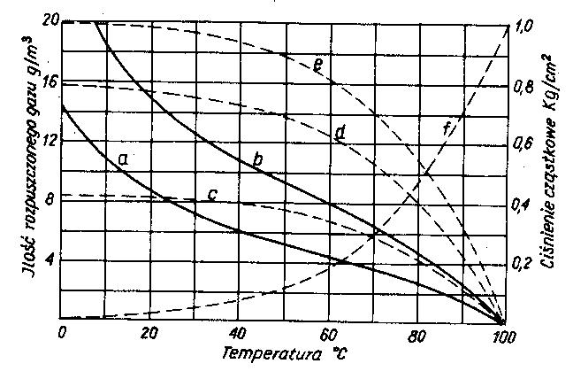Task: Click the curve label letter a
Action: [123, 159]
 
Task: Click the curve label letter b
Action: [257, 160]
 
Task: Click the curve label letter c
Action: [212, 194]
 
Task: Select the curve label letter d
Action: [340, 135]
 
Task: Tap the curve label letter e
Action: [316, 64]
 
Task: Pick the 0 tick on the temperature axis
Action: [62, 334]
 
